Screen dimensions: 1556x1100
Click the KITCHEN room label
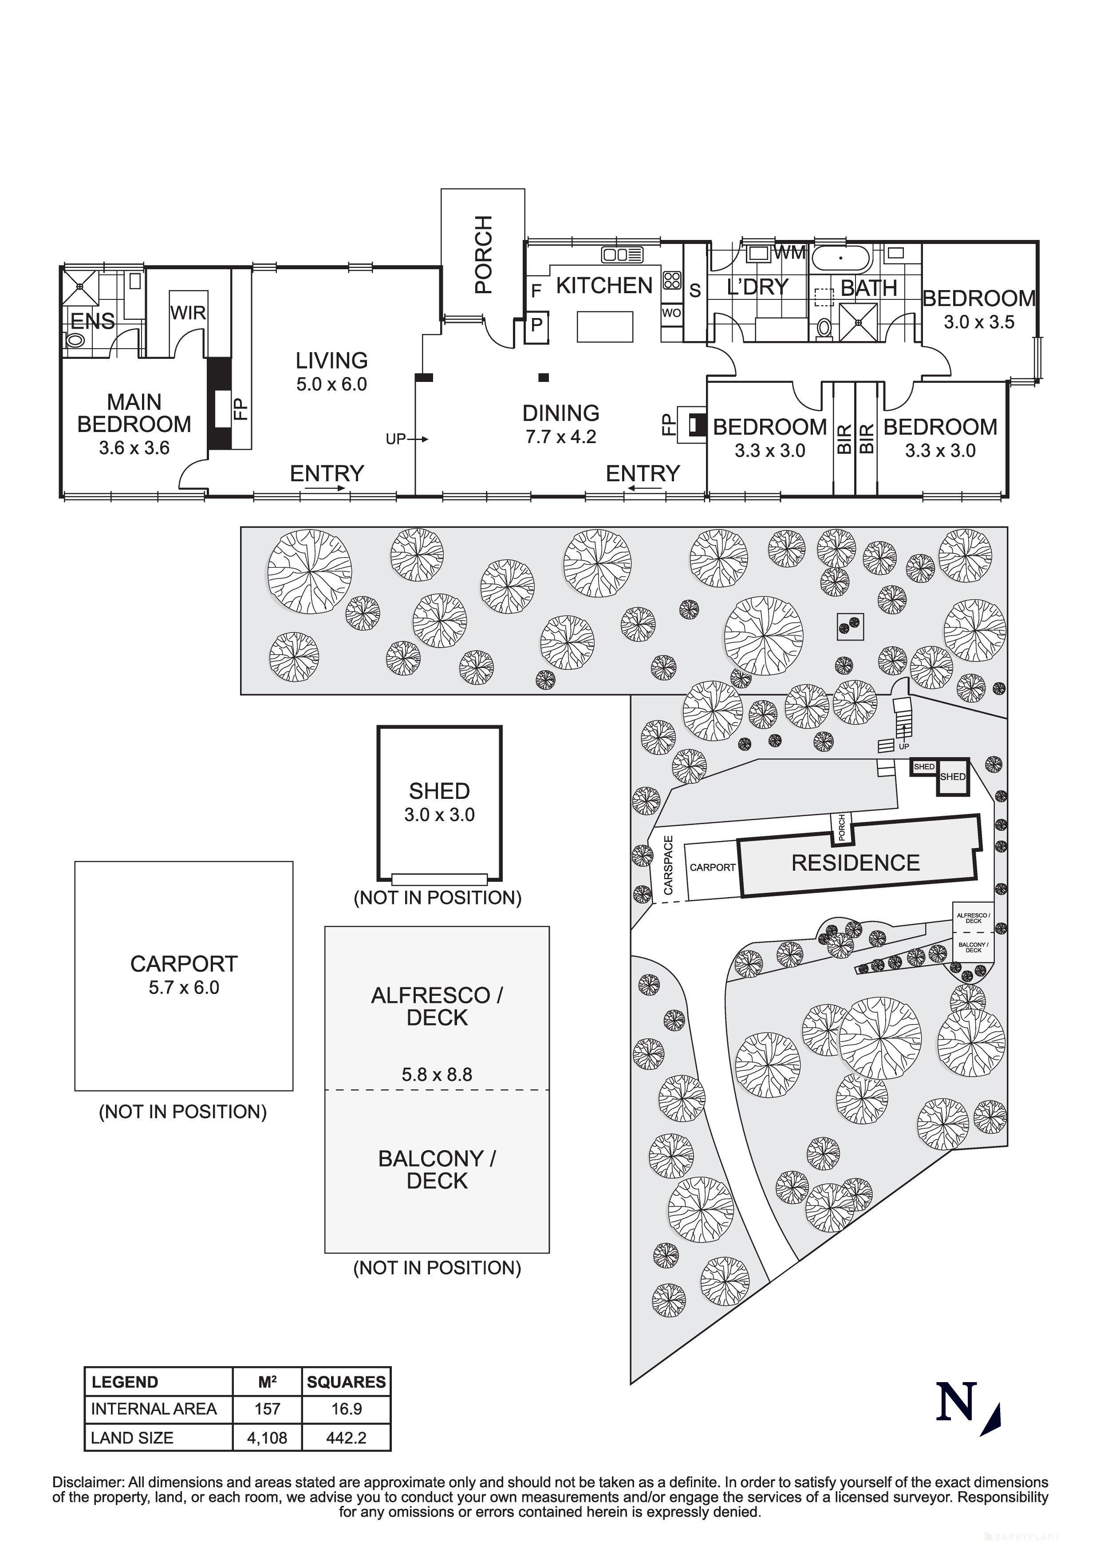point(604,286)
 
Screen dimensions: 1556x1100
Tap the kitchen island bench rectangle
point(604,326)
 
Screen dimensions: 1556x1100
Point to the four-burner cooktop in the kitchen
point(672,281)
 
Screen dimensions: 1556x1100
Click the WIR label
point(188,313)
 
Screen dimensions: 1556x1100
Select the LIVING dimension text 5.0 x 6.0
point(331,384)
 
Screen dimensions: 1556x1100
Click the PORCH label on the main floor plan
point(483,254)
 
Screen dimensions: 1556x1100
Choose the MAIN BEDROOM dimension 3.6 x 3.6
point(134,448)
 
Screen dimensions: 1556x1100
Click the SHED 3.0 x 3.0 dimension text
point(439,815)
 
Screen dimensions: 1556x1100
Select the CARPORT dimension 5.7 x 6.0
point(184,987)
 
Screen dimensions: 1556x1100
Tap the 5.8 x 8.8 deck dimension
point(437,1074)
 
